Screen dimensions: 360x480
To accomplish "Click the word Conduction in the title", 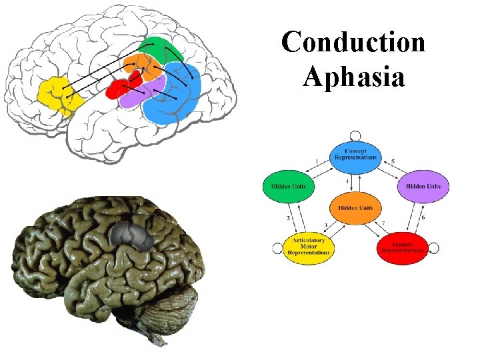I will (353, 43).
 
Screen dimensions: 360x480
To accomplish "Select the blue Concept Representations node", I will (355, 155).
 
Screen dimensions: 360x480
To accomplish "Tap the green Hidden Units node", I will (288, 186).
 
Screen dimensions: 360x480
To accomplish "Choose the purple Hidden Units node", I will (423, 186).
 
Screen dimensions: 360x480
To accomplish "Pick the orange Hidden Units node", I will (355, 207).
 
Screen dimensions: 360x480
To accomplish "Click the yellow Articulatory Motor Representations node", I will (309, 247).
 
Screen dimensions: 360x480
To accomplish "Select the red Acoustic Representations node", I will (402, 247).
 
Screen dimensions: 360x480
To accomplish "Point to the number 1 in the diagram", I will (317, 162).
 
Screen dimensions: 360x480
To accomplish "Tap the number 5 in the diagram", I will (393, 162).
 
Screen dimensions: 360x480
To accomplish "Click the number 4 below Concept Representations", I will (347, 181).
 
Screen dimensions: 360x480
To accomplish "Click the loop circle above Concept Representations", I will (355, 135).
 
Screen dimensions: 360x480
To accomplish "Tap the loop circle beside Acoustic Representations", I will (433, 248).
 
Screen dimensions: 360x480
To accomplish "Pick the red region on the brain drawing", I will (119, 89).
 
